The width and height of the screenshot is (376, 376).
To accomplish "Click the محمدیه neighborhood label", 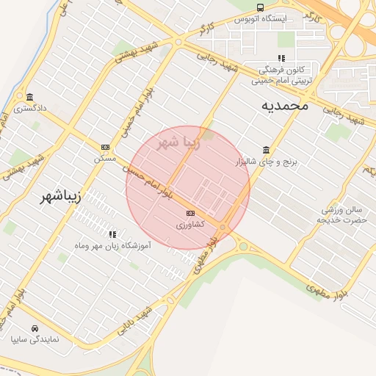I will coord(285,106).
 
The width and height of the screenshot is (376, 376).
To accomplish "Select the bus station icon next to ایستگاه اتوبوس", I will coord(260,7).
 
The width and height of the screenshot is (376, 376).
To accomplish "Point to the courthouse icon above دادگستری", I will coord(29,97).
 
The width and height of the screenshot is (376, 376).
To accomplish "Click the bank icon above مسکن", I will coord(105,147).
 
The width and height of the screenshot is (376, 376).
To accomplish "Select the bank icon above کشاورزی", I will coord(190,214).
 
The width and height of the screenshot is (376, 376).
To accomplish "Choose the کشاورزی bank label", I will coord(189,225).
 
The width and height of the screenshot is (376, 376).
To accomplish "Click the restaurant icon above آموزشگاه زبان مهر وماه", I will coord(112,234).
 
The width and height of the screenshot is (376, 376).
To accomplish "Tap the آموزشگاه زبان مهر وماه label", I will coord(112,245).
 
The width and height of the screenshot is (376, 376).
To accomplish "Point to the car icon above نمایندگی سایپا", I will coord(35,328).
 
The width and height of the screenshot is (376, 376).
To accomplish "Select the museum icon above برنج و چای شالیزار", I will coord(265,150).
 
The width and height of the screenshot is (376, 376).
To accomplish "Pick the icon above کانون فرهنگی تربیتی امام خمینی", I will coord(281,58).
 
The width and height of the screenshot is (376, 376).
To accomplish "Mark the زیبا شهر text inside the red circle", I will coord(178,142).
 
